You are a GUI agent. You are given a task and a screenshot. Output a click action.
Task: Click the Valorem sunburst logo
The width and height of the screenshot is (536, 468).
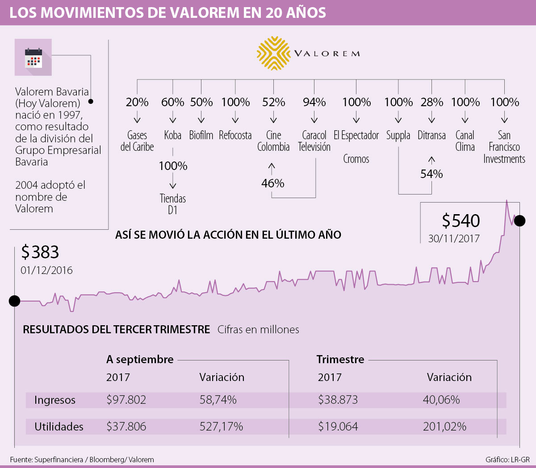click(273, 54)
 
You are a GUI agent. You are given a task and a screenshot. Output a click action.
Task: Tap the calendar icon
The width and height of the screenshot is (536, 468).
click(33, 58)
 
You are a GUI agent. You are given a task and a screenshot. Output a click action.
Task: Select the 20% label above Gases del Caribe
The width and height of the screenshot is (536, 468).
click(137, 102)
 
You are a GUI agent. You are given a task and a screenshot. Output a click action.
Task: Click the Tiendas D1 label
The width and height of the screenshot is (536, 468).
click(173, 204)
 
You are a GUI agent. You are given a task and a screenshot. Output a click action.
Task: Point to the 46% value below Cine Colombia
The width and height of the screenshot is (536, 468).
click(272, 183)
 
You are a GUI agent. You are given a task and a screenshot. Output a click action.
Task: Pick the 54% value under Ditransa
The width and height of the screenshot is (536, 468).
click(431, 174)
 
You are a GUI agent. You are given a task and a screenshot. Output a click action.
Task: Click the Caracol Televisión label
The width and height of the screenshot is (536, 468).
click(314, 141)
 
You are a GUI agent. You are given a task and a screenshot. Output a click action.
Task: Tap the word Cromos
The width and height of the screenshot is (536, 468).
click(356, 159)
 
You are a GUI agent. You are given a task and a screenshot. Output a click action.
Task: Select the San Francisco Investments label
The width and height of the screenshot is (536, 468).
click(504, 147)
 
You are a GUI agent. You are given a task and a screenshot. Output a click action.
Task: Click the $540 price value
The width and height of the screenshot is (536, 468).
click(461, 221)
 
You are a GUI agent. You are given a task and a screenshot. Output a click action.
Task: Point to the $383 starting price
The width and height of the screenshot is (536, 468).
click(40, 252)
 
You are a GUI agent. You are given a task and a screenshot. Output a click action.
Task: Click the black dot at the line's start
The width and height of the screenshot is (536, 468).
click(14, 301)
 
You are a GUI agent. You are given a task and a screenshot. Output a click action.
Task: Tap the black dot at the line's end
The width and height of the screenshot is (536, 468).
click(519, 220)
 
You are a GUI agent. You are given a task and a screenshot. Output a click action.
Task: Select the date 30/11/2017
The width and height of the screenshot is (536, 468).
click(454, 239)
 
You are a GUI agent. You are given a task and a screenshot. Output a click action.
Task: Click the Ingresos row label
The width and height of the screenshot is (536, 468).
click(55, 400)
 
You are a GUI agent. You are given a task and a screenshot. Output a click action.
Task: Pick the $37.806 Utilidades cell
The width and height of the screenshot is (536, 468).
click(126, 427)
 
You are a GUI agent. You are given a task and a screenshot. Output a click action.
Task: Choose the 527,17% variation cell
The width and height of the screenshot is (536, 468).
click(221, 427)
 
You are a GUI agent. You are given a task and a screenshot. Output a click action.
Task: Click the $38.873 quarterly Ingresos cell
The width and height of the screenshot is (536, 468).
click(338, 400)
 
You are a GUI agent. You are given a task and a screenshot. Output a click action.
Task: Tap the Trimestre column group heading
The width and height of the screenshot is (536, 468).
click(340, 359)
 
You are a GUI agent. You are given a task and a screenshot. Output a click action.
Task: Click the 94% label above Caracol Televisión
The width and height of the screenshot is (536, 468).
click(314, 102)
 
